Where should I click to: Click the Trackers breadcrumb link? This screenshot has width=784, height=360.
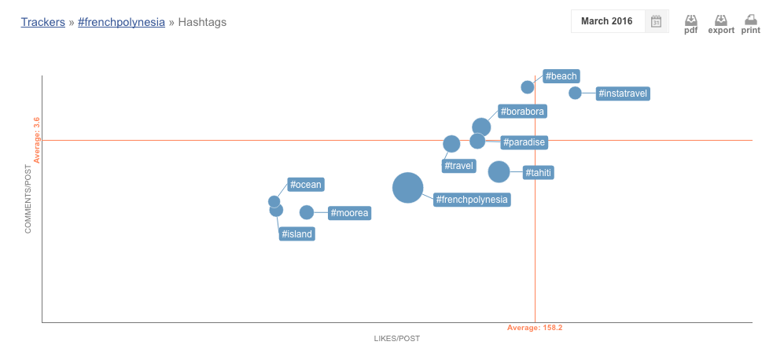coord(42,22)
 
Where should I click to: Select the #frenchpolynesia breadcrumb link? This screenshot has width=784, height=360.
coord(121,22)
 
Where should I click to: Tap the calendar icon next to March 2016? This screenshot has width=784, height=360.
coord(656,21)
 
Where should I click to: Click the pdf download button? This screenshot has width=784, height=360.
coord(690,24)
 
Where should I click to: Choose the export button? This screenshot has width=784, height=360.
coord(720,24)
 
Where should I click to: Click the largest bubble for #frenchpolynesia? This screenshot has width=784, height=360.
coord(407,188)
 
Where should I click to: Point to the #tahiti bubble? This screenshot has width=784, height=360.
coord(499,171)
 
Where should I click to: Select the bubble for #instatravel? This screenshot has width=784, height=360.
coord(575,93)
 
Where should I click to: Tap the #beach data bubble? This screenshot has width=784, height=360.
coord(527,86)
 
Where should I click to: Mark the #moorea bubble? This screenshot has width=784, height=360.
coord(307,212)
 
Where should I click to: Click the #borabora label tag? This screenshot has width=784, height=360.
coord(521,112)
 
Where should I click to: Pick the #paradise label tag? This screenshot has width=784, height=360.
coord(525,142)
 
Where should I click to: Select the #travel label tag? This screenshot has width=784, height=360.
coord(459,166)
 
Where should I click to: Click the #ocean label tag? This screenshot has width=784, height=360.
coord(306,185)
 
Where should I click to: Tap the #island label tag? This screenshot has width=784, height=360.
coord(297,233)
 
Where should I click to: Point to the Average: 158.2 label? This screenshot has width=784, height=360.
coord(535,327)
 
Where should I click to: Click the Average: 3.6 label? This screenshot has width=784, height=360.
coord(36,140)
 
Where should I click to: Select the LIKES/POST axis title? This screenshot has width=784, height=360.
coord(397,339)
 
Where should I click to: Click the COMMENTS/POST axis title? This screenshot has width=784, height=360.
coord(28,198)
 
